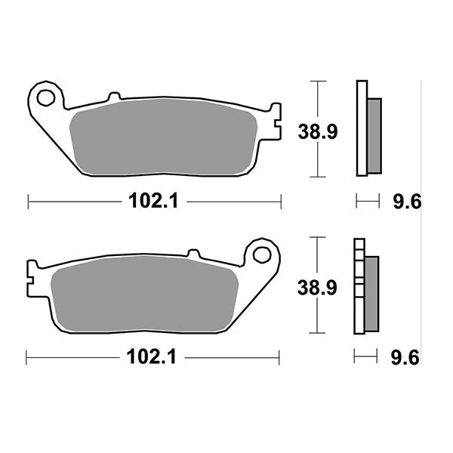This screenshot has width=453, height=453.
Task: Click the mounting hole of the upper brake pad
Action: (x=47, y=97)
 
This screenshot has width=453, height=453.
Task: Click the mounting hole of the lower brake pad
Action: (x=262, y=252)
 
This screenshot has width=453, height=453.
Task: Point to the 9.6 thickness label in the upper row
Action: (x=405, y=202)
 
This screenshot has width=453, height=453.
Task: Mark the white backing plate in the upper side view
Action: (x=362, y=128)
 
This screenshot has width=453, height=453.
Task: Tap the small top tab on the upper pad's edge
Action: (x=114, y=97)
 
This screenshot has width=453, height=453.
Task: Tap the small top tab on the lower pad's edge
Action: (x=193, y=252)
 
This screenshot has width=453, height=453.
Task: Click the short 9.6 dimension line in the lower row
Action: (x=365, y=357)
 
